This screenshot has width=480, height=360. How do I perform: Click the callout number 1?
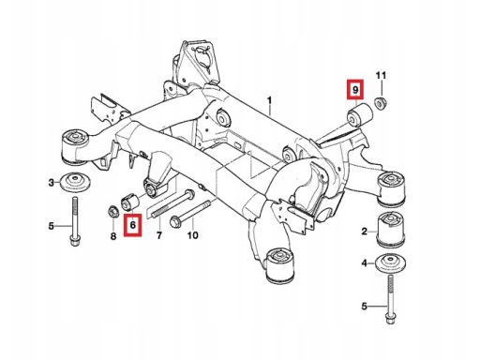(x=269, y=101)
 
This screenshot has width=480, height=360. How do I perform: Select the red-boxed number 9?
(x=354, y=90)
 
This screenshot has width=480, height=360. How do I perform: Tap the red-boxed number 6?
(x=132, y=224)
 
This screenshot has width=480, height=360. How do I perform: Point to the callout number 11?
(x=381, y=76)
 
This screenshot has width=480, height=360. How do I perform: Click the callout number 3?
(x=52, y=183)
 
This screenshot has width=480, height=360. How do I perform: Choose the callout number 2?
(x=365, y=232)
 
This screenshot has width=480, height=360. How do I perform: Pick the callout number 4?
(x=365, y=263)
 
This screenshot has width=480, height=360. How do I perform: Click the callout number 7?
(x=159, y=234)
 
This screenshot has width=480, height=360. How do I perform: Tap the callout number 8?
(x=113, y=236)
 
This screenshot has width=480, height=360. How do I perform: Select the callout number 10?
(x=193, y=234)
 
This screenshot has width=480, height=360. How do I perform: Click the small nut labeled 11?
(x=381, y=103)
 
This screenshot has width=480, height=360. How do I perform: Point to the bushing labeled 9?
(x=360, y=115)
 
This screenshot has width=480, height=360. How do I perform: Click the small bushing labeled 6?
(x=129, y=202)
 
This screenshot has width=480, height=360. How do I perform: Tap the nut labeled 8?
(x=112, y=212)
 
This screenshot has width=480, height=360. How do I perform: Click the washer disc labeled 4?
(x=391, y=263)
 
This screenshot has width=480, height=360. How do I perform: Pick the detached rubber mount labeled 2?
(x=391, y=229)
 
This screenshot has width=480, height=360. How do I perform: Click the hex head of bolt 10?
(x=174, y=222)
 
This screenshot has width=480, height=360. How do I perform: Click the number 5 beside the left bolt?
(x=52, y=226)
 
